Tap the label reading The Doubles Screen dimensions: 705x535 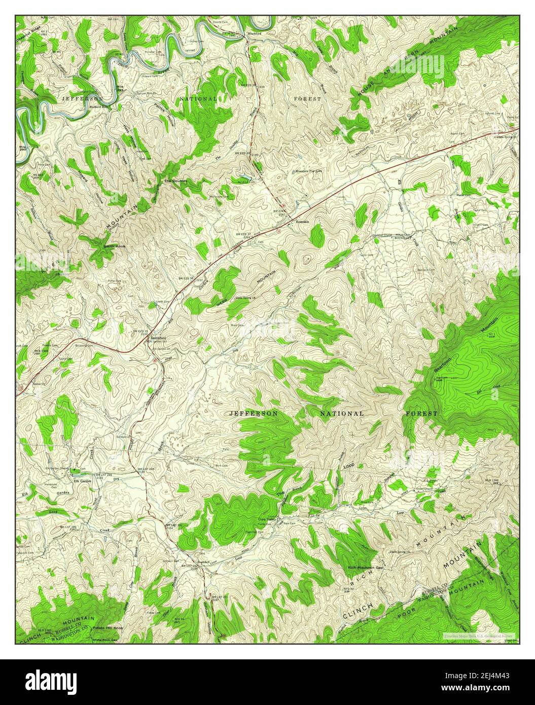tap(175, 181)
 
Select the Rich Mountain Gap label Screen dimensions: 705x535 tap(365, 567)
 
